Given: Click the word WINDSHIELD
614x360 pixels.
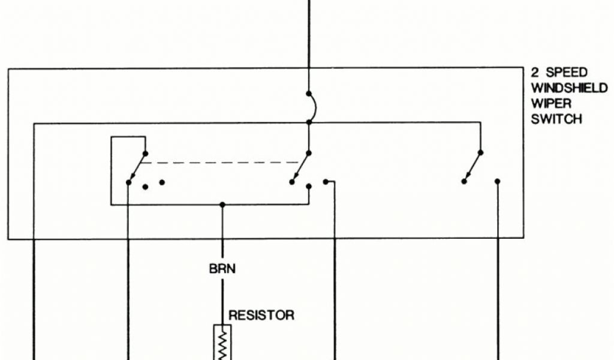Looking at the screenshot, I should coord(569,88).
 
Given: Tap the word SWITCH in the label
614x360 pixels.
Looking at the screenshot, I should coord(556,119).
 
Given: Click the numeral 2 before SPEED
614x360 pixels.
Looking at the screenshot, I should coord(535,73).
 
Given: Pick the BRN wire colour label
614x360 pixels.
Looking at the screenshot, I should coord(222,269).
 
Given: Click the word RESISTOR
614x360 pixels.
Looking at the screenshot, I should coord(261,315).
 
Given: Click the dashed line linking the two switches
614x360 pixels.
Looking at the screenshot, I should coord(222,162).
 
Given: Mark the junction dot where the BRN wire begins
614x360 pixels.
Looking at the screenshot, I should coord(222,205).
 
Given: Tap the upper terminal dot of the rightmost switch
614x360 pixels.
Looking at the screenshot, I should coord(480,152).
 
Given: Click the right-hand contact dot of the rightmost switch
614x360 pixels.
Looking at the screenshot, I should coord(497,181).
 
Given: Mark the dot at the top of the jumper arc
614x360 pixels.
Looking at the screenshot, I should coord(308,94).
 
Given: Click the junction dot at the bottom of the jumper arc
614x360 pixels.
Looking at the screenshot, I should coord(308,122).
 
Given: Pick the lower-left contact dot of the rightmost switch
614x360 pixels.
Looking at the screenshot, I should coord(463,181).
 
